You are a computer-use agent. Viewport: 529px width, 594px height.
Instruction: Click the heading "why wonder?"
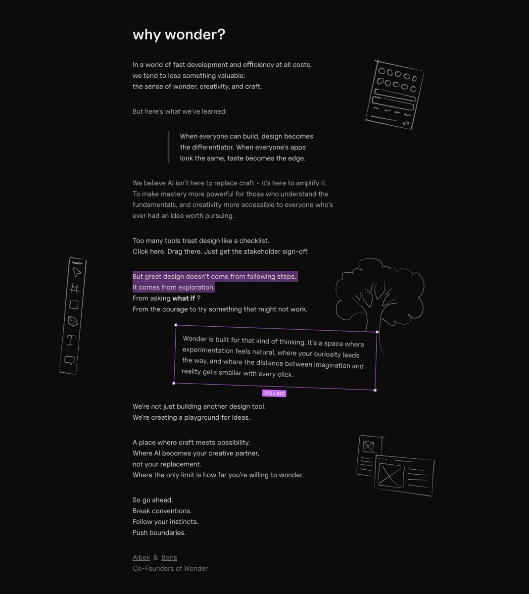(179, 35)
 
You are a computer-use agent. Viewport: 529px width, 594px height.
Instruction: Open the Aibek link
(141, 557)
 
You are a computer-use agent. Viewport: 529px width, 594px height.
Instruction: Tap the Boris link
(169, 557)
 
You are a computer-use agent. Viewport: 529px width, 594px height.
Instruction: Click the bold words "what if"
(184, 298)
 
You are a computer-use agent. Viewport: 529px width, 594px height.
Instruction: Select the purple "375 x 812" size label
(274, 394)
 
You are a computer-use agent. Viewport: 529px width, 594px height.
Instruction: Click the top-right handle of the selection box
(377, 332)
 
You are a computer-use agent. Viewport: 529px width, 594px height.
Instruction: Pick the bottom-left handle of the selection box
(174, 383)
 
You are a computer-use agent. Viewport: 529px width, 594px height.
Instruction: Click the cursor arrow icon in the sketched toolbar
(76, 272)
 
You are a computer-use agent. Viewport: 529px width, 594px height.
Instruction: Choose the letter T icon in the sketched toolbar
(71, 340)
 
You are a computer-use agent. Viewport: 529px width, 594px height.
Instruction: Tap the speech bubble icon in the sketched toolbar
(69, 360)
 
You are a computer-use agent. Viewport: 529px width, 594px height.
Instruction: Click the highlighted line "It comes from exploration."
(173, 288)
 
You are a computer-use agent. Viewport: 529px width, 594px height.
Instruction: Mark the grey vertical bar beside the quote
(168, 147)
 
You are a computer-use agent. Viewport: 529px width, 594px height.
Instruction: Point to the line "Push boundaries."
(159, 533)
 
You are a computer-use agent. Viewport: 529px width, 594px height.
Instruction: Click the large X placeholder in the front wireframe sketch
(391, 475)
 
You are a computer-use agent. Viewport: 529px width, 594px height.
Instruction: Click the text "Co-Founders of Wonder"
(170, 569)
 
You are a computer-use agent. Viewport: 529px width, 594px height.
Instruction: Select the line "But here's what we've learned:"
(180, 111)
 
